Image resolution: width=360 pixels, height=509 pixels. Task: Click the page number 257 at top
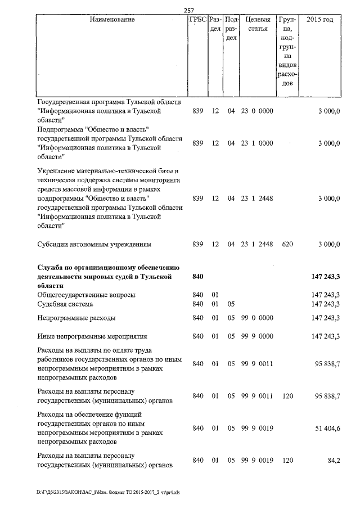(x=189, y=10)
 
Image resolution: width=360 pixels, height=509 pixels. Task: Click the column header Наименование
(x=112, y=20)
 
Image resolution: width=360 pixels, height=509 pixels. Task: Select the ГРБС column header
(x=197, y=20)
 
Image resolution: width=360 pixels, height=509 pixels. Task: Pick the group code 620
(x=286, y=245)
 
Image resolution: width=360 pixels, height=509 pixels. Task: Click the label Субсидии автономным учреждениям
(x=94, y=245)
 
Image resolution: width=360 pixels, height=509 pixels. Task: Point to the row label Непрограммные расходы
(x=76, y=318)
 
